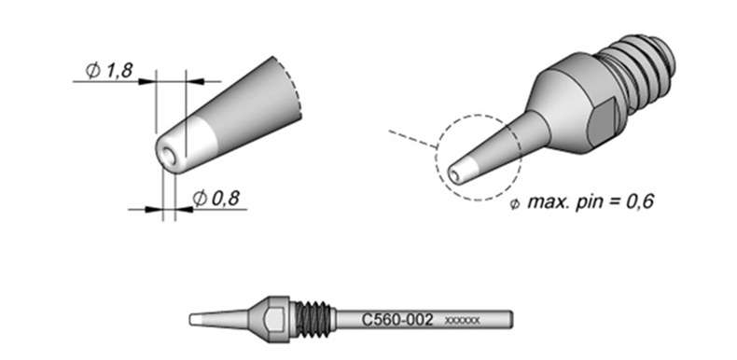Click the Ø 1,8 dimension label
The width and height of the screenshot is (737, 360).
click(109, 71)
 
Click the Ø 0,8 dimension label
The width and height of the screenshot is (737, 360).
click(216, 199)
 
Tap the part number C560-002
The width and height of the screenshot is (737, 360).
click(397, 320)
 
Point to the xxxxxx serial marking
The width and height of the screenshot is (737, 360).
click(462, 321)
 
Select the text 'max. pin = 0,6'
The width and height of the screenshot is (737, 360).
click(591, 202)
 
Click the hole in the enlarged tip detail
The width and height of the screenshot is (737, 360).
click(169, 156)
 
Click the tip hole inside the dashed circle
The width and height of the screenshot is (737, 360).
click(454, 174)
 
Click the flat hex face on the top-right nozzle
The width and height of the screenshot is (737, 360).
click(603, 124)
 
